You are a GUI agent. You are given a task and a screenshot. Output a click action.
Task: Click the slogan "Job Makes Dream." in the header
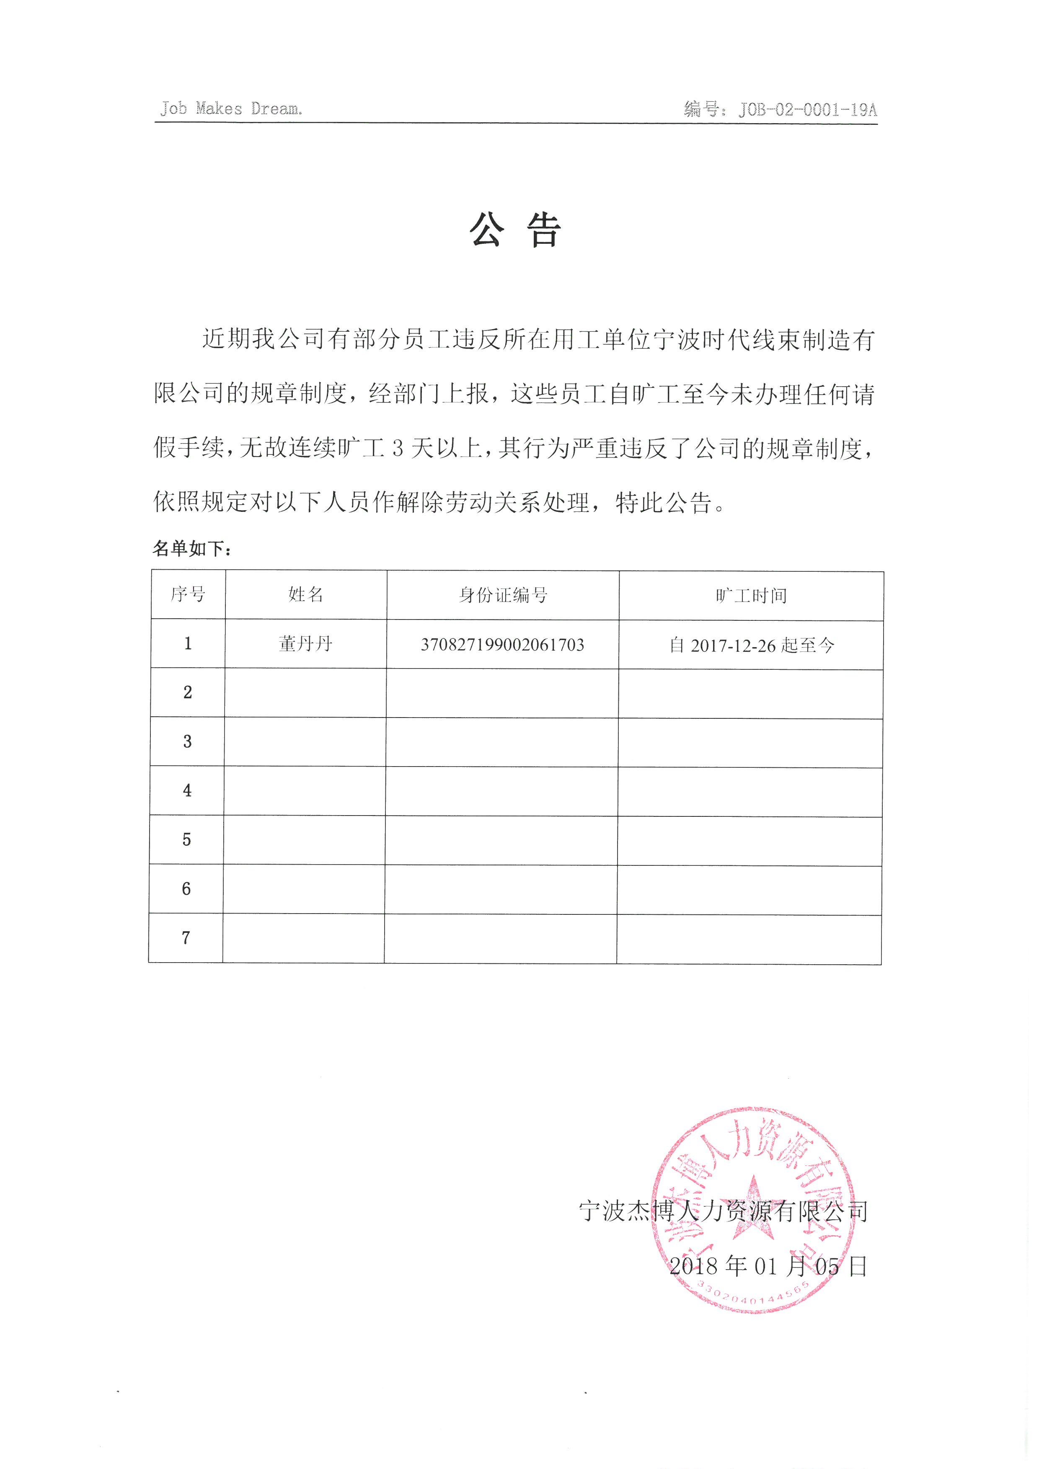(231, 109)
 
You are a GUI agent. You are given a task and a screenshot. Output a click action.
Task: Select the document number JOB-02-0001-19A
(807, 110)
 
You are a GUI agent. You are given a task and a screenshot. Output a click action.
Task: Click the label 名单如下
(191, 548)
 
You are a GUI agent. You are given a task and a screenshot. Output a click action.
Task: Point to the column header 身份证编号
(503, 595)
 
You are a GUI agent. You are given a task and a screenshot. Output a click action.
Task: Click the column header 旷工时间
(751, 596)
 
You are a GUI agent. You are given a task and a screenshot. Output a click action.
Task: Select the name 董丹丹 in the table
(306, 644)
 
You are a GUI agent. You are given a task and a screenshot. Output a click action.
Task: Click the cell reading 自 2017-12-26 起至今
(751, 645)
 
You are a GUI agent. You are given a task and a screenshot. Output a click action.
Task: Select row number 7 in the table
(186, 937)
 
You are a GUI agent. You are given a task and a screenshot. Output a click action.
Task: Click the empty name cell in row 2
(305, 692)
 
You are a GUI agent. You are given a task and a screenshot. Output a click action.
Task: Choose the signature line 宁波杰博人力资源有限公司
(723, 1211)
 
